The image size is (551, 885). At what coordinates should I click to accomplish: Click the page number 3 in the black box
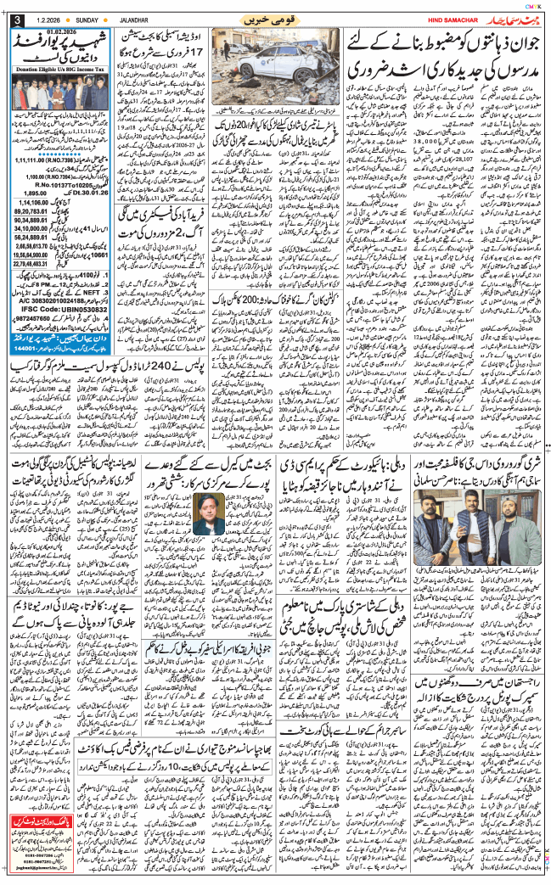[x=18, y=20]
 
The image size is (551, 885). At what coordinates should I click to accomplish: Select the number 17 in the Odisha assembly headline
[x=204, y=50]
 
